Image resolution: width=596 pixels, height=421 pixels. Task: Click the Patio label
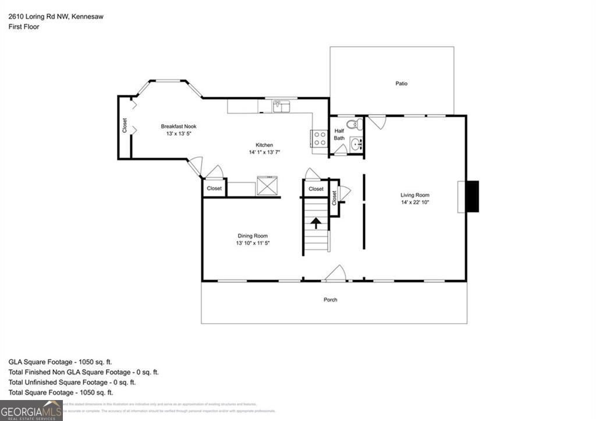coord(401,83)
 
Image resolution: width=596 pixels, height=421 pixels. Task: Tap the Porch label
coord(330,300)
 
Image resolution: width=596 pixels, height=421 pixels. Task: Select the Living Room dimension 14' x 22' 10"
coord(415,203)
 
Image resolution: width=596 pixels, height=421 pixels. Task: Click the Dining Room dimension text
coord(253,243)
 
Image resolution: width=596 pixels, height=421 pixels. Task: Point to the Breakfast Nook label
coord(179,126)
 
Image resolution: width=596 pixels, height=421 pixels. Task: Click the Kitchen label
coord(264,145)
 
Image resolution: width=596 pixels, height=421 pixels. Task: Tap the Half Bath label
coord(339,135)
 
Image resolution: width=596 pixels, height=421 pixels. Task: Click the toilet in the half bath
coord(354,124)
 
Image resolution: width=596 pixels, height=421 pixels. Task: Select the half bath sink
coord(356,144)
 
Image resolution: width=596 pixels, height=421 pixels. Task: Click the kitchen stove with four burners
coord(320,138)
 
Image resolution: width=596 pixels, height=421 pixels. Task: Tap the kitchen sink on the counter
coord(282,106)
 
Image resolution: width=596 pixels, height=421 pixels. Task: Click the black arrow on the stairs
coord(316,223)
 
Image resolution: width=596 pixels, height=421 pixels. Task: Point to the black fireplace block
coord(473,197)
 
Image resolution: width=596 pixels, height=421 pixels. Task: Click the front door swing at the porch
coord(336,273)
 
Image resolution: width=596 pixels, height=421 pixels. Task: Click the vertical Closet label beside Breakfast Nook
coord(125,126)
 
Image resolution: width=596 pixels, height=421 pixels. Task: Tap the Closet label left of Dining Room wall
coord(214,189)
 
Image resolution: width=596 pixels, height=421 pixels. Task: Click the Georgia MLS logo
coord(31,410)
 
